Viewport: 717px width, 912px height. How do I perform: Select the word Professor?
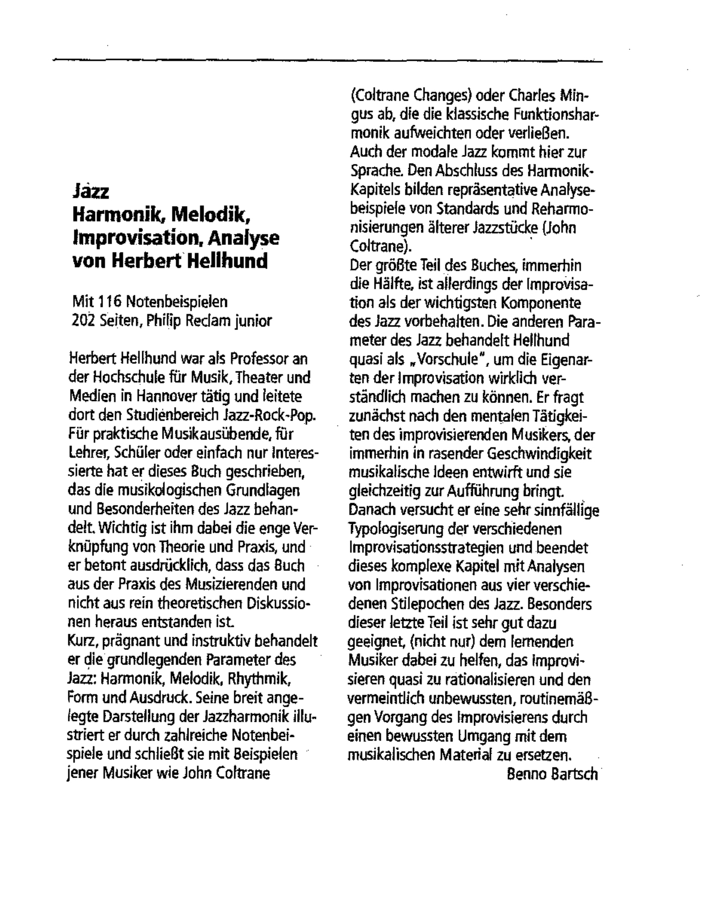(x=261, y=359)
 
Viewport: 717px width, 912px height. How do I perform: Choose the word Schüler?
(x=139, y=453)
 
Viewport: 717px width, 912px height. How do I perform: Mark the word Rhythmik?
(x=258, y=679)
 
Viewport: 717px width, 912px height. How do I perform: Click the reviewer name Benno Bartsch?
(x=552, y=774)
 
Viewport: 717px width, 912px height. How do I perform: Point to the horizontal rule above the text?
(x=327, y=61)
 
